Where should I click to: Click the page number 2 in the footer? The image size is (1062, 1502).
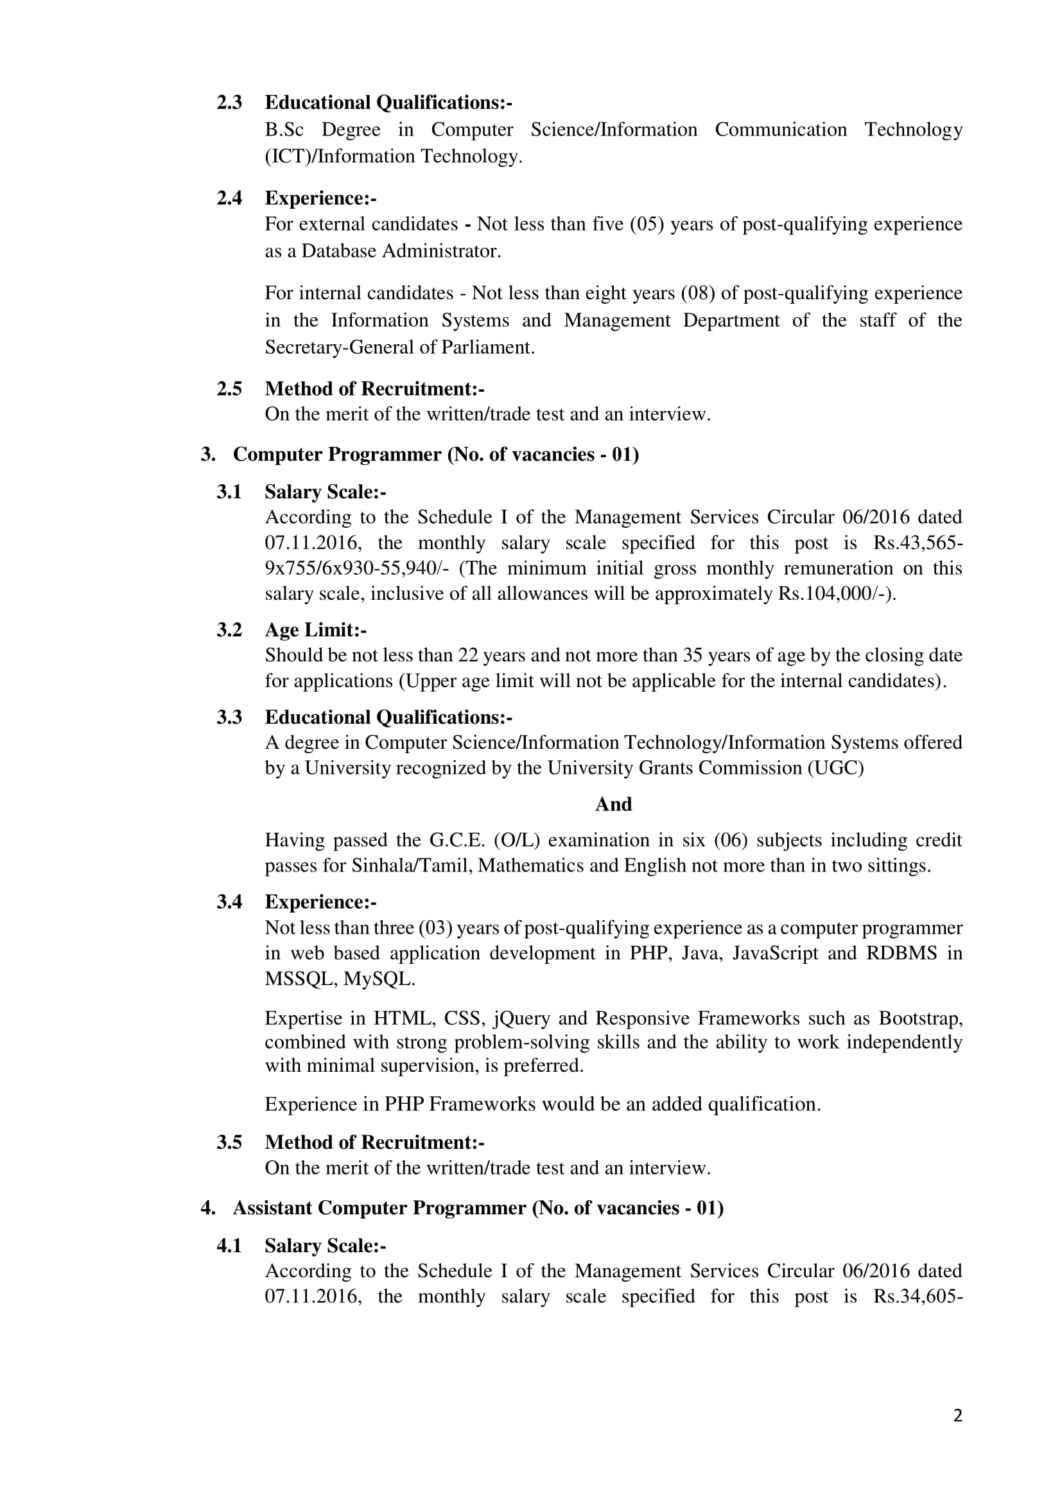tap(957, 1416)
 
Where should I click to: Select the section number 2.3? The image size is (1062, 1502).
tap(229, 103)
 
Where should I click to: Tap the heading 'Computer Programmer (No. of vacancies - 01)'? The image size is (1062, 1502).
tap(435, 454)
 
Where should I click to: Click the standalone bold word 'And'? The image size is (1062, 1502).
tap(613, 804)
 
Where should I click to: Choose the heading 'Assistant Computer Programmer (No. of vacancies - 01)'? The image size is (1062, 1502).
tap(478, 1208)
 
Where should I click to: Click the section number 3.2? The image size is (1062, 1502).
tap(229, 630)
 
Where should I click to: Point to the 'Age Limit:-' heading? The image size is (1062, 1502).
tap(315, 630)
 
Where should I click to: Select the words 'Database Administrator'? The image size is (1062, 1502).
tap(401, 251)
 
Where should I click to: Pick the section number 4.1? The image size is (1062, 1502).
tap(229, 1246)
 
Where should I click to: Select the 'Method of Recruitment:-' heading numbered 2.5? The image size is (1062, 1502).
tap(374, 389)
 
